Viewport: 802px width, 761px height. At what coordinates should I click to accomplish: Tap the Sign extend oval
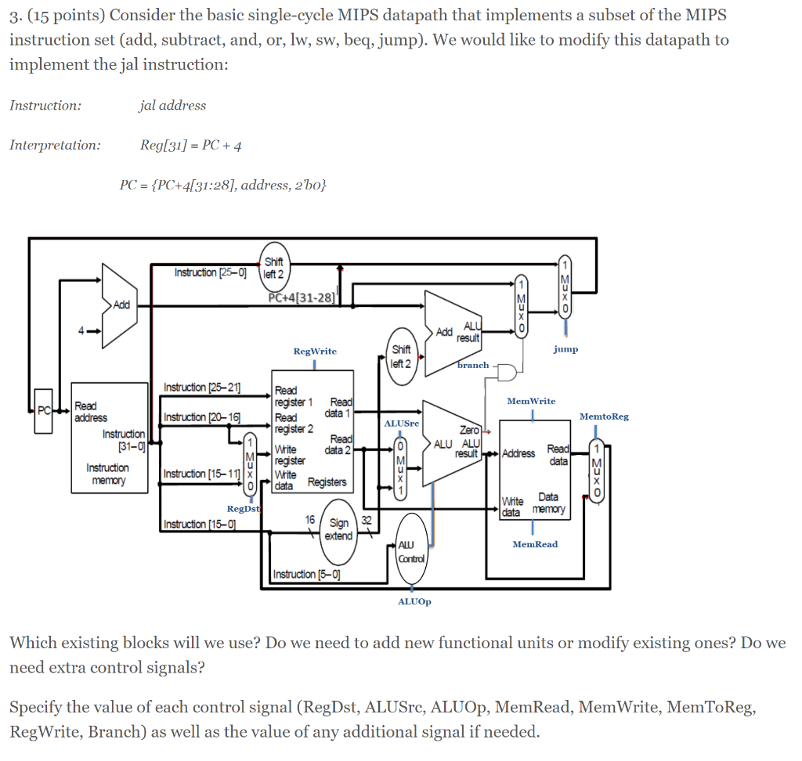click(x=339, y=530)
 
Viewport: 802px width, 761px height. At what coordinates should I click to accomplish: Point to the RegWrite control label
click(x=315, y=351)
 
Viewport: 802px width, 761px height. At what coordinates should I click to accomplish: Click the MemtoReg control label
click(x=604, y=417)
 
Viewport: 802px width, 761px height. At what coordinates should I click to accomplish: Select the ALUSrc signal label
click(x=402, y=423)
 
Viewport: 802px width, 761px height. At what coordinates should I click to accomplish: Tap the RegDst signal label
click(x=243, y=509)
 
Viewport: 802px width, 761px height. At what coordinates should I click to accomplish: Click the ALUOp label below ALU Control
click(x=414, y=601)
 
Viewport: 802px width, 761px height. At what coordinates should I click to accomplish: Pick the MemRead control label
click(x=536, y=543)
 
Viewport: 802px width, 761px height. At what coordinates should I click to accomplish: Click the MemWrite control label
click(x=531, y=401)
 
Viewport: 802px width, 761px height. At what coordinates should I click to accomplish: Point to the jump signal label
click(x=565, y=349)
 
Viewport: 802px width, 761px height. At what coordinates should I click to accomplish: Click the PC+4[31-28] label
click(x=302, y=298)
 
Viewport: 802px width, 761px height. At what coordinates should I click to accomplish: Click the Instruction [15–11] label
click(x=197, y=473)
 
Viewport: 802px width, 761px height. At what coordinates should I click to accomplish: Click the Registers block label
click(x=327, y=481)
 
